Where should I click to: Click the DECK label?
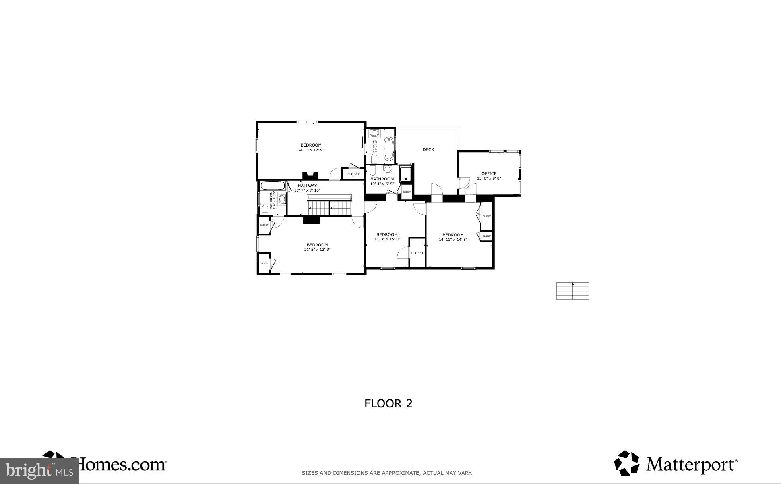click(428, 149)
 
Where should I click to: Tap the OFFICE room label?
click(489, 174)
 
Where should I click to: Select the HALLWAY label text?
click(307, 186)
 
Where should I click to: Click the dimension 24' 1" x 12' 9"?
click(311, 150)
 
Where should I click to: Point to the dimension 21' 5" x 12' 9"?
click(317, 250)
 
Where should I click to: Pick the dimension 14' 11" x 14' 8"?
click(453, 240)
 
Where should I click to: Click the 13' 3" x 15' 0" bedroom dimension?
click(387, 239)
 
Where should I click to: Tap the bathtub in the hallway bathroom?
click(273, 186)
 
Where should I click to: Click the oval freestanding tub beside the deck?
click(388, 149)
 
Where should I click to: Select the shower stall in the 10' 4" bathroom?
click(405, 174)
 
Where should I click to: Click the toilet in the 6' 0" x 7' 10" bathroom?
click(265, 210)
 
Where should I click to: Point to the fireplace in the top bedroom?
click(310, 175)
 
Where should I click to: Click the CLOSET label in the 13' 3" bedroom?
click(417, 253)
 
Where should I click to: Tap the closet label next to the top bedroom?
click(353, 174)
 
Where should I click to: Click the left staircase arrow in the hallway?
click(310, 208)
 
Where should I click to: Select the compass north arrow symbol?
click(572, 284)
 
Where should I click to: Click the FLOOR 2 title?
click(388, 403)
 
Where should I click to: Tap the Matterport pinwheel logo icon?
click(626, 463)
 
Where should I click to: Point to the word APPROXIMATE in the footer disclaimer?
click(400, 473)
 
